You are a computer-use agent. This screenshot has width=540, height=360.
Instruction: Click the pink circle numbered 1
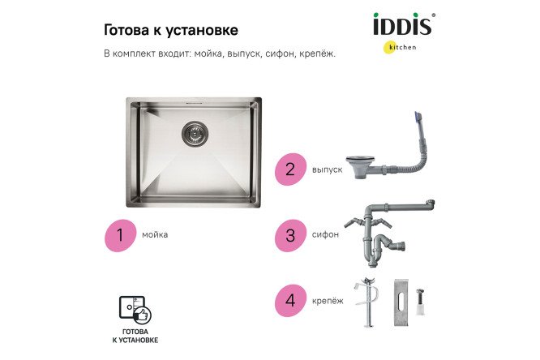[120, 235]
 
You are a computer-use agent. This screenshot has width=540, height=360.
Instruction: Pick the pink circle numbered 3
[289, 235]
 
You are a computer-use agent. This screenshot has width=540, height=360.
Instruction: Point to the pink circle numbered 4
[289, 301]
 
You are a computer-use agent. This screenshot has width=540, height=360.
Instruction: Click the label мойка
[155, 235]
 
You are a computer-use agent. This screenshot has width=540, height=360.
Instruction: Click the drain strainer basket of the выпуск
[359, 168]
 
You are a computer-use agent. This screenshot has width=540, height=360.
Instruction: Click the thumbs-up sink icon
[135, 310]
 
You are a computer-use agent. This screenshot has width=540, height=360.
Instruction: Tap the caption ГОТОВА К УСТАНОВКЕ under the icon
[135, 337]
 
